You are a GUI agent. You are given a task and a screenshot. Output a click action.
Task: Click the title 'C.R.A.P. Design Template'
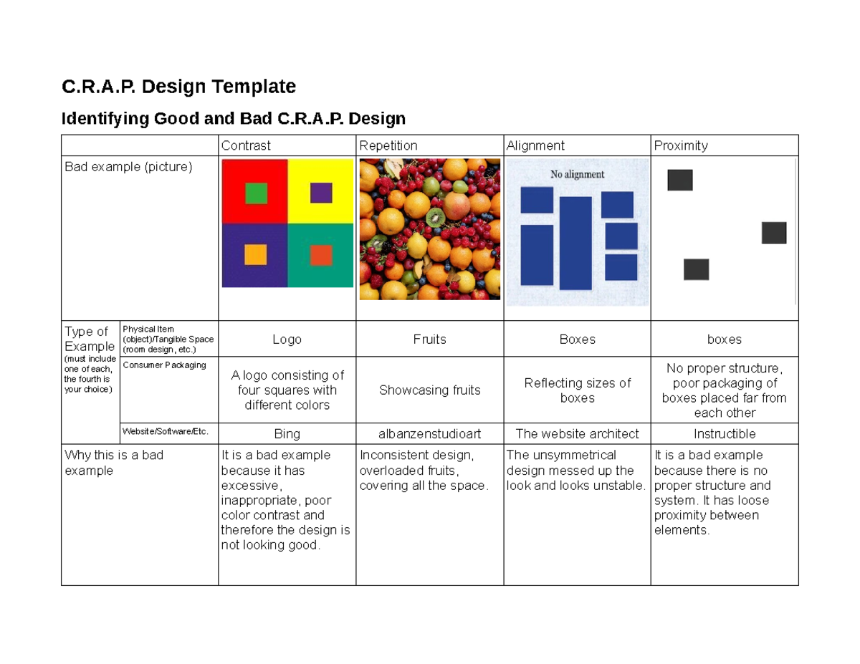coord(178,87)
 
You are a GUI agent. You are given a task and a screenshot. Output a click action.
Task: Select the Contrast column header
coord(246,145)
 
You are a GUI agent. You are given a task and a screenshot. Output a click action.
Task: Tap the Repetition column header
coord(388,145)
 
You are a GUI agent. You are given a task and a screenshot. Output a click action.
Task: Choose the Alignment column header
coord(535,145)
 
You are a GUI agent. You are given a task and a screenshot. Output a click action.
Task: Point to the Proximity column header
coord(681,145)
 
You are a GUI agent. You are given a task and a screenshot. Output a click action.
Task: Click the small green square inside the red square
coord(256,193)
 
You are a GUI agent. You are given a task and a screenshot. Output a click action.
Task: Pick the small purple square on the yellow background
coord(321,193)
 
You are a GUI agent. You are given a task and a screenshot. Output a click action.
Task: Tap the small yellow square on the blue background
coord(255,254)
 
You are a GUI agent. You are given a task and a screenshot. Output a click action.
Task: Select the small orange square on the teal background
coord(321,255)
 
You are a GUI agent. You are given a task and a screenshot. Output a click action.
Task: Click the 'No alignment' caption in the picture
coord(577,174)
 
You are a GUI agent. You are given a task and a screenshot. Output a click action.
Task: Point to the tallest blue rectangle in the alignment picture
coord(575,243)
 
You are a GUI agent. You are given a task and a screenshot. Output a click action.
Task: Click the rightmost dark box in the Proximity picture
coord(774,233)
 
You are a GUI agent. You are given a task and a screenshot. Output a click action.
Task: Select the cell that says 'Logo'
coord(287,340)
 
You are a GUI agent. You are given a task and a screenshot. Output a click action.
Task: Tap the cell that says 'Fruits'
coord(429,340)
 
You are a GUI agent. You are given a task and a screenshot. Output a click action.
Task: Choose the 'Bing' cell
coord(287,433)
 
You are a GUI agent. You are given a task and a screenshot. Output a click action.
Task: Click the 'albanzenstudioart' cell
coord(429,433)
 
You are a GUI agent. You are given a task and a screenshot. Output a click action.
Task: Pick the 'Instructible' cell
coord(724,433)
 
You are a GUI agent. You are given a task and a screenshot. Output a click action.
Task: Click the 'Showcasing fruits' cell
coord(429,390)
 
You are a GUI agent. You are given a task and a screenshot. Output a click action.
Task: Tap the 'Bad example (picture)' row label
coord(129,167)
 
